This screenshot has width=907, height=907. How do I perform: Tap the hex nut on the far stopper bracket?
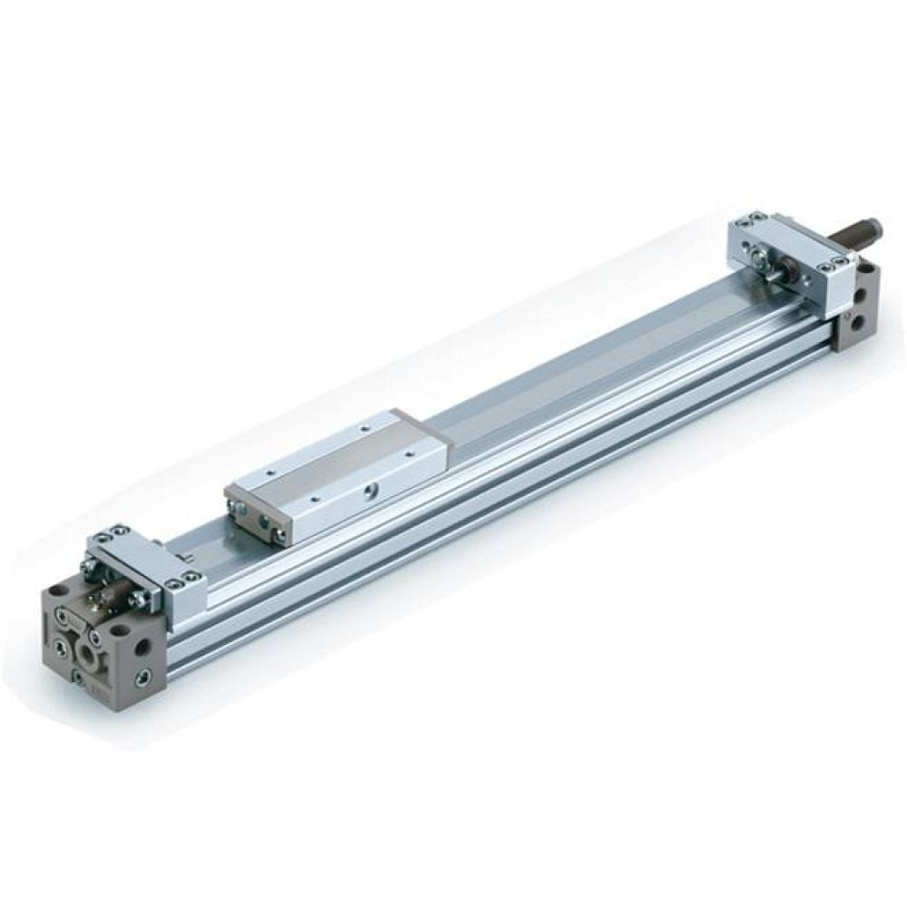pos(790,271)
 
